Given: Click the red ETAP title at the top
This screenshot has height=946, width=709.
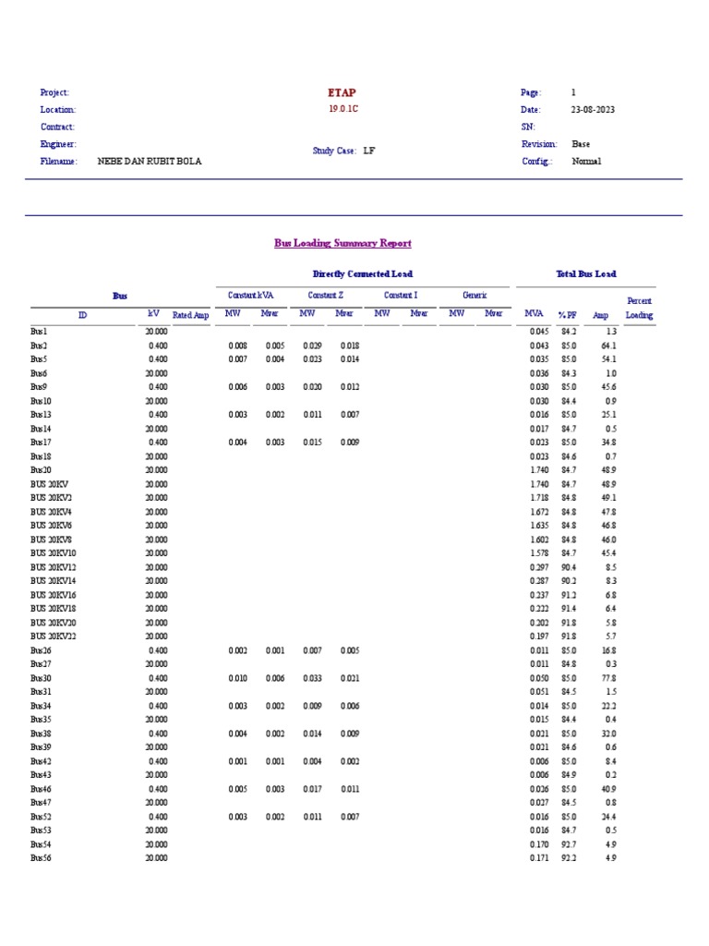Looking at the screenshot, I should tap(342, 92).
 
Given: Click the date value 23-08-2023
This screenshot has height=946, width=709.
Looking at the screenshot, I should tap(593, 110).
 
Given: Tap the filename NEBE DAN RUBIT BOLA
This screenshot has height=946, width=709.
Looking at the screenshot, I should tap(149, 161).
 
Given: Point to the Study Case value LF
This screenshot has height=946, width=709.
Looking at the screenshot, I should tap(369, 150).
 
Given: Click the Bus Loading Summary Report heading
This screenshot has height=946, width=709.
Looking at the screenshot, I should tap(342, 243).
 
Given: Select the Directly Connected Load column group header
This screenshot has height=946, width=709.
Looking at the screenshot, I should tap(362, 274).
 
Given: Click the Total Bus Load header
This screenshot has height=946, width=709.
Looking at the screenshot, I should tap(585, 274).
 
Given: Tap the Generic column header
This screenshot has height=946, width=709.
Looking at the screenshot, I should tap(475, 295).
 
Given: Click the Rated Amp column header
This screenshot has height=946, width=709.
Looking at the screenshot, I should tap(191, 315).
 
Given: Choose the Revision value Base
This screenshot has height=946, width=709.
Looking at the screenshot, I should tap(581, 144).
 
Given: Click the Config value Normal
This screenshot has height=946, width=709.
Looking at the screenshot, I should tap(585, 161).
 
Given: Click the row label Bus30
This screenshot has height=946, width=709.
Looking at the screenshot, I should tap(41, 678).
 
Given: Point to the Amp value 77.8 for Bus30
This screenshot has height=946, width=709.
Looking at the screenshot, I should tap(609, 678).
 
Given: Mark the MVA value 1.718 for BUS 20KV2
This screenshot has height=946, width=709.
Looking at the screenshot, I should tap(539, 498).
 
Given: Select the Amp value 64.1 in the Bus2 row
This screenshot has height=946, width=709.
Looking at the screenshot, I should tap(609, 346).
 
